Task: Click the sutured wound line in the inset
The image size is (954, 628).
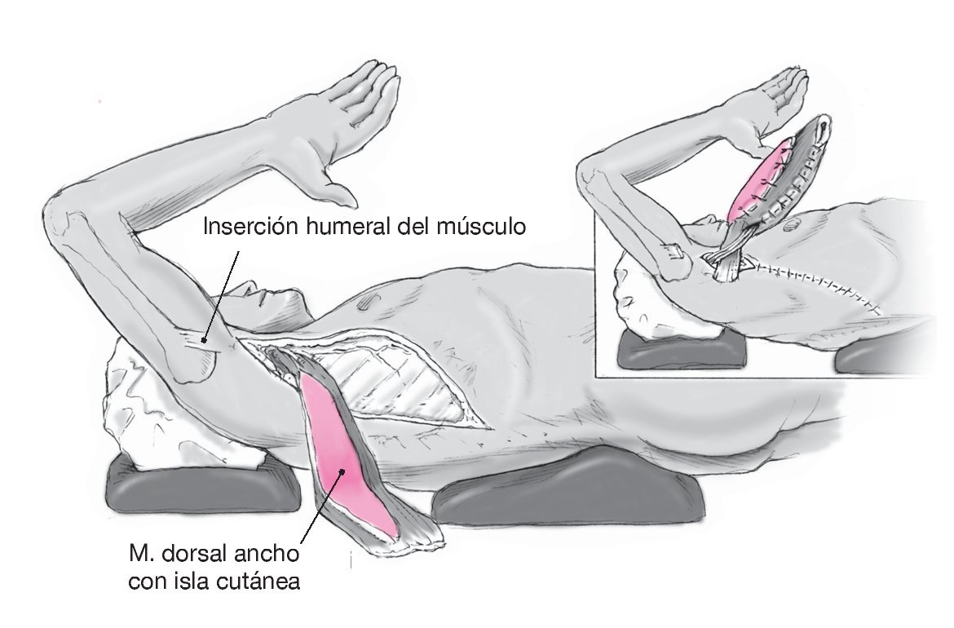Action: [815, 281]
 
